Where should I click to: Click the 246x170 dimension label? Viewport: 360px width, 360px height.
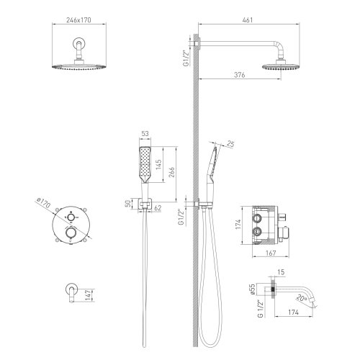(78, 20)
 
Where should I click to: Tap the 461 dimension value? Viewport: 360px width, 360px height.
(248, 20)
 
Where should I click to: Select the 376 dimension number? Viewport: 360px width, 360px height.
(240, 75)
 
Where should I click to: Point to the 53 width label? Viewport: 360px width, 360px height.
(145, 133)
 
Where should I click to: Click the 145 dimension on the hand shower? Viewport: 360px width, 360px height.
(158, 165)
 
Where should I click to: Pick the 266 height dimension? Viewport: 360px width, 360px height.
(171, 172)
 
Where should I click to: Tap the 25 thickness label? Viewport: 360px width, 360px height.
(230, 144)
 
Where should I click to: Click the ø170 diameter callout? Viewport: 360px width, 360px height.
(43, 203)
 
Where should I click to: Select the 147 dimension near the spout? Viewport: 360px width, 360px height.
(89, 295)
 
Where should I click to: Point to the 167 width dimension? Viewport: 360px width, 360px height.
(271, 253)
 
